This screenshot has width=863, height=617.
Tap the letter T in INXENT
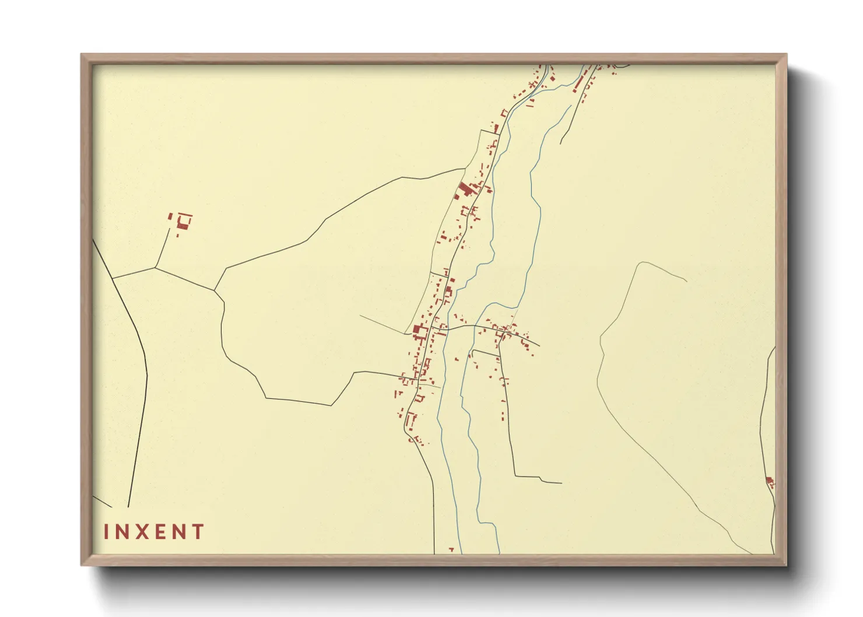tap(199, 532)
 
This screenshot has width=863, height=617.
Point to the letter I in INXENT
tap(107, 532)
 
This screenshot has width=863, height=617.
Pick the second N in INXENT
tap(180, 532)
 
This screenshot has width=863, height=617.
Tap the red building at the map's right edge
tap(770, 482)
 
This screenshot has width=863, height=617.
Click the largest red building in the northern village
tap(465, 190)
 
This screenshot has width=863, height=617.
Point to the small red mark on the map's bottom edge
tap(451, 549)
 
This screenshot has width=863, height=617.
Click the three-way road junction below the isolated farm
tap(156, 268)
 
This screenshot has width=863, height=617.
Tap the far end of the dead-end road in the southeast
tap(561, 483)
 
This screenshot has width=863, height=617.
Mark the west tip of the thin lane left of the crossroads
tap(360, 315)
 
